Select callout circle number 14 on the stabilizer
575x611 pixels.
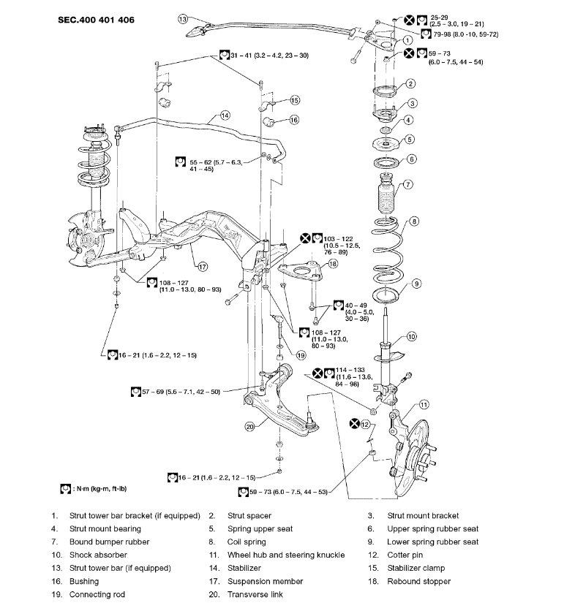(225, 115)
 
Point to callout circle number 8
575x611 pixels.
(415, 221)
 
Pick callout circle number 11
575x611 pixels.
(424, 404)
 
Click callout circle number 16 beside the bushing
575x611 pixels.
(294, 119)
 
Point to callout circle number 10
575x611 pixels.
(412, 337)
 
